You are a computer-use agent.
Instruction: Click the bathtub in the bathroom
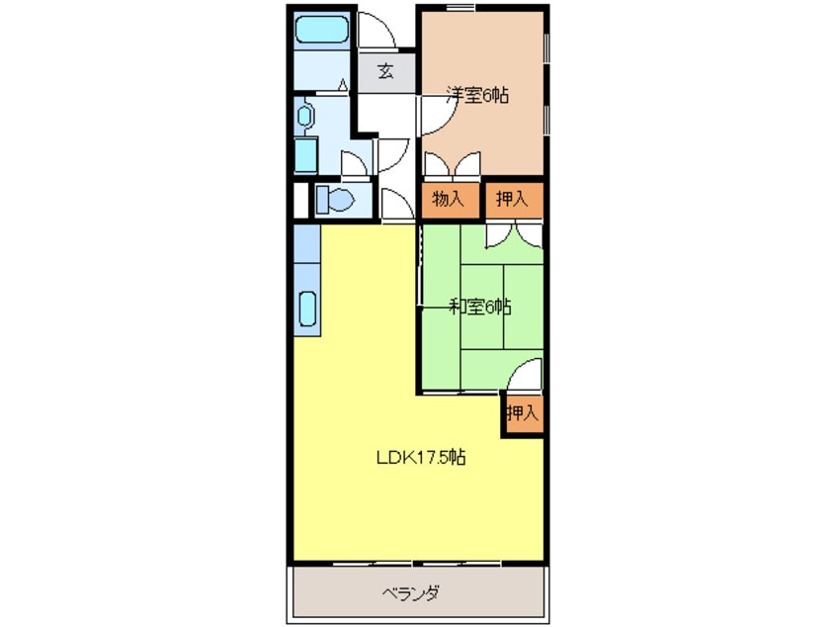pos(321,30)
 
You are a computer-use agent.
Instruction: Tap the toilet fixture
pos(335,200)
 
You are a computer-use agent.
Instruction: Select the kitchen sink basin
pos(307,309)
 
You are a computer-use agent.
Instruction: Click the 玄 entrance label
pos(386,71)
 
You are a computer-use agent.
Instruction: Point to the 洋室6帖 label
pos(477,95)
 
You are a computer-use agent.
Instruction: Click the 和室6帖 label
pos(480,307)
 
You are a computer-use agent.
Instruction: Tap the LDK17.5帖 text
pos(421,457)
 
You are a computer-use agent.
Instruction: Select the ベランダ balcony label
pos(410,592)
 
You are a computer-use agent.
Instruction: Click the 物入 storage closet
pos(449,200)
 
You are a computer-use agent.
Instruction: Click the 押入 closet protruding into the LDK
pos(523,413)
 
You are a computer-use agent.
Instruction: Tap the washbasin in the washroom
pos(304,116)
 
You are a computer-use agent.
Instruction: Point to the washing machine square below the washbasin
pos(306,154)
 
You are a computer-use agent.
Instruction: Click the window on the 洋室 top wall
pos(460,7)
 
